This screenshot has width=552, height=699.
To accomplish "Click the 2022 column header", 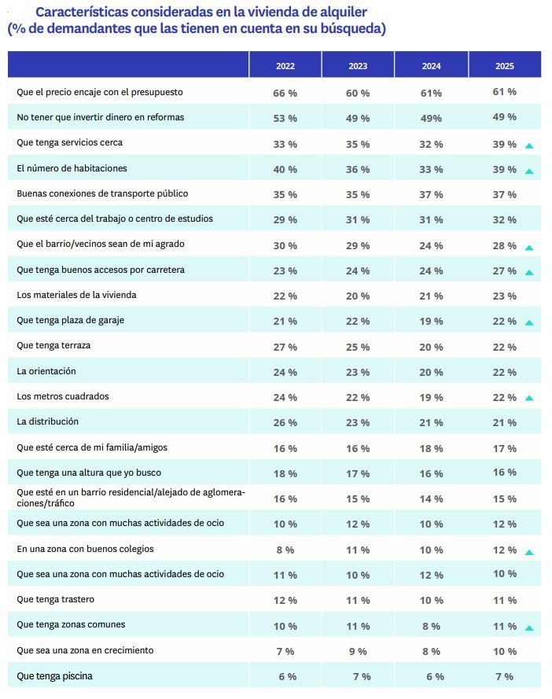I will [x=285, y=66].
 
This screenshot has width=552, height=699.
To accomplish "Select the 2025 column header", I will [x=504, y=66].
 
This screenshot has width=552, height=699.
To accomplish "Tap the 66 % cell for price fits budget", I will [x=285, y=93].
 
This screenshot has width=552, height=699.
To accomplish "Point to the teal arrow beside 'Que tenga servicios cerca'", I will [x=529, y=146].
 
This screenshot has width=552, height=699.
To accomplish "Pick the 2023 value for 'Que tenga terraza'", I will [x=358, y=347].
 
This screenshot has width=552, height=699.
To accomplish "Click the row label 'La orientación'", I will [x=46, y=371].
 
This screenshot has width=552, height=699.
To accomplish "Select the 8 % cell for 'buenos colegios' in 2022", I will [x=285, y=550].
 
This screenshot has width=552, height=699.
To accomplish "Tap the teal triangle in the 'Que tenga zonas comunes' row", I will [x=529, y=628].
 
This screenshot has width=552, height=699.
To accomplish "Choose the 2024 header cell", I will [x=431, y=66].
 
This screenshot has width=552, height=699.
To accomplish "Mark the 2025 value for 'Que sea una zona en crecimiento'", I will [x=504, y=651].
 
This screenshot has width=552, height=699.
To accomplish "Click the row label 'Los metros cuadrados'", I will [x=63, y=396].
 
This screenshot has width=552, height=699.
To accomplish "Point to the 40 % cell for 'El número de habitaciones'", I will [x=285, y=170].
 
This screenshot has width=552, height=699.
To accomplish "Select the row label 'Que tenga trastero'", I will [x=56, y=599].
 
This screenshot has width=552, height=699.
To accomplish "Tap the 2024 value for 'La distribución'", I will [x=431, y=423].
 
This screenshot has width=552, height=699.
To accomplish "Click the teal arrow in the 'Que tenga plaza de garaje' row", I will [x=529, y=323].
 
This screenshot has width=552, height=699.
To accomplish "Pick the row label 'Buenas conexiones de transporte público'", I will [x=102, y=193].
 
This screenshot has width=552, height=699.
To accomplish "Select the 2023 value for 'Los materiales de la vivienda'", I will [x=358, y=296].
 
